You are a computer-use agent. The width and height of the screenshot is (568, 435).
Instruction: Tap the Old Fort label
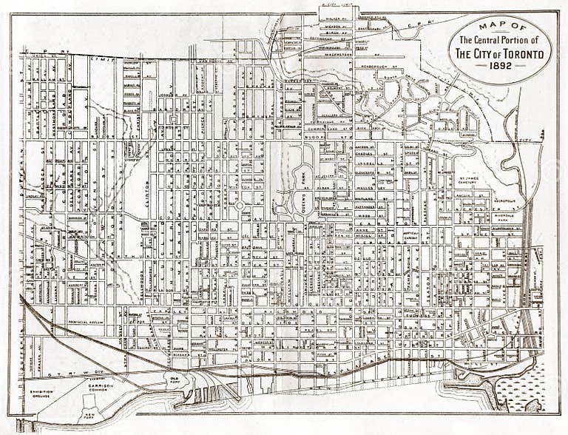175,380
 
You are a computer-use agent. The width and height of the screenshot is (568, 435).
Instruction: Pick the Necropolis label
505,200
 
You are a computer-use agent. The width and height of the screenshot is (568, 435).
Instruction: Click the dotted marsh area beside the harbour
522,390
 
